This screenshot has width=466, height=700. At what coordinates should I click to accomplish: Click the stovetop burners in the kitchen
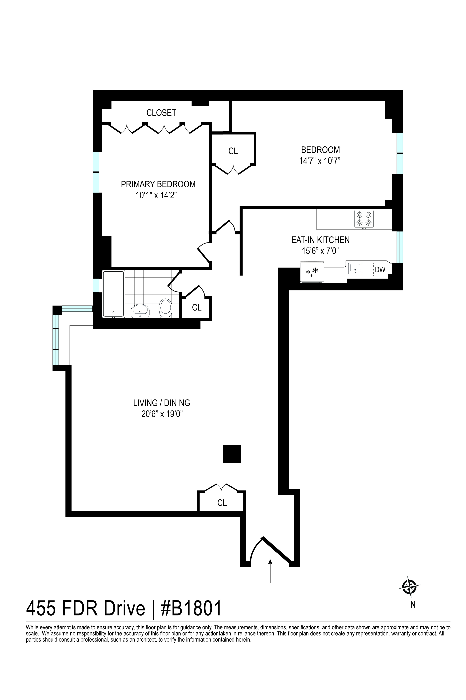(364, 219)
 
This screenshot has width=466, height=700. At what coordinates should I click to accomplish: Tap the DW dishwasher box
(380, 270)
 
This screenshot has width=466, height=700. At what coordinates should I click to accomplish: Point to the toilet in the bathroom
(166, 308)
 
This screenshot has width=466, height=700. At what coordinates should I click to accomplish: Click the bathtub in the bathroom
(113, 294)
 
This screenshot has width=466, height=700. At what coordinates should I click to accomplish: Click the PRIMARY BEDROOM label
(158, 184)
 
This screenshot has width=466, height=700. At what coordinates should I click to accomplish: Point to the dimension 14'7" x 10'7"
(319, 161)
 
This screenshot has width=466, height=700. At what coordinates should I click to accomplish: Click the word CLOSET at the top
(161, 113)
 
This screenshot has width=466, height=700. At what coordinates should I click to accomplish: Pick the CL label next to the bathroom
(197, 307)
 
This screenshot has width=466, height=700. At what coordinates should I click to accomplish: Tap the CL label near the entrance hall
(222, 503)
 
